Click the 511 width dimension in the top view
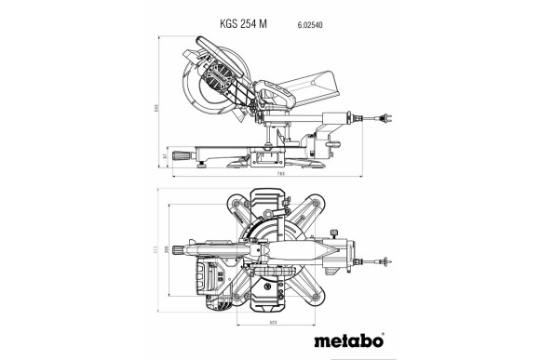pyautogui.click(x=159, y=250)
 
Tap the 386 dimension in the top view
pyautogui.click(x=169, y=250)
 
